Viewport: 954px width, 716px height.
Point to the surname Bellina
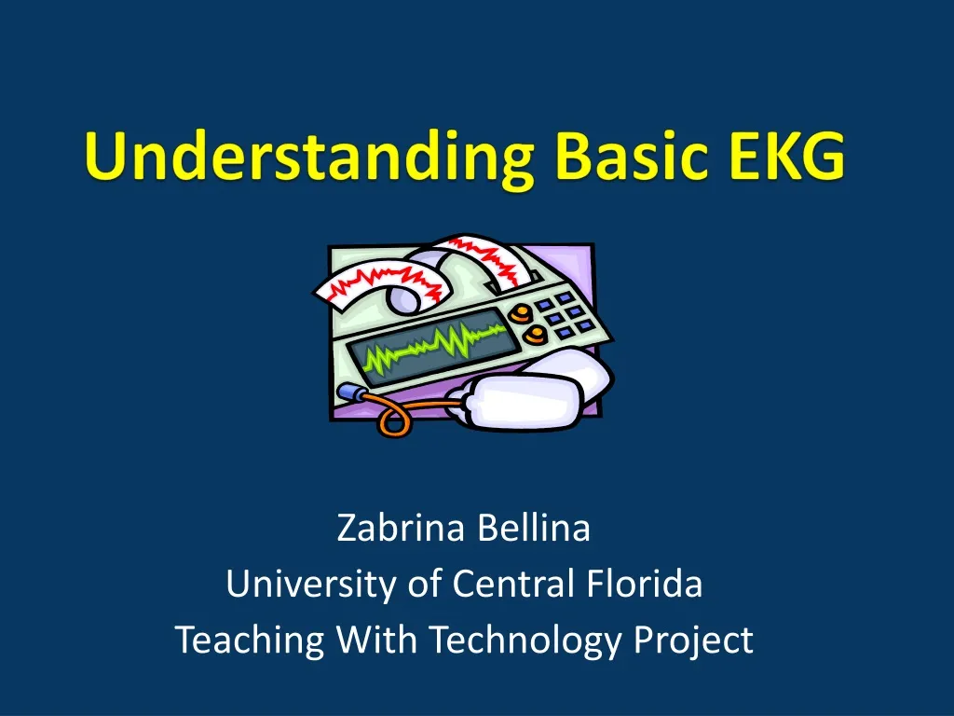point(534,529)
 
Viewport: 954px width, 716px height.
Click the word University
point(312,585)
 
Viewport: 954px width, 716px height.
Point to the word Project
point(693,641)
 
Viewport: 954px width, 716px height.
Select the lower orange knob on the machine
point(535,333)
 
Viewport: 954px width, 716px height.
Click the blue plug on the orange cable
point(350,392)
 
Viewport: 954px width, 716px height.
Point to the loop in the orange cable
point(392,421)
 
